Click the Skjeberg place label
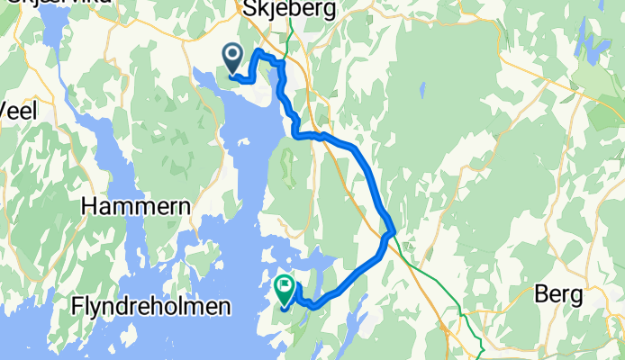289,10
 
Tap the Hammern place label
136,207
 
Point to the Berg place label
560,294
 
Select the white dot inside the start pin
233,57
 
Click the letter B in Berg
541,294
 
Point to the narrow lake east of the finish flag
355,315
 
